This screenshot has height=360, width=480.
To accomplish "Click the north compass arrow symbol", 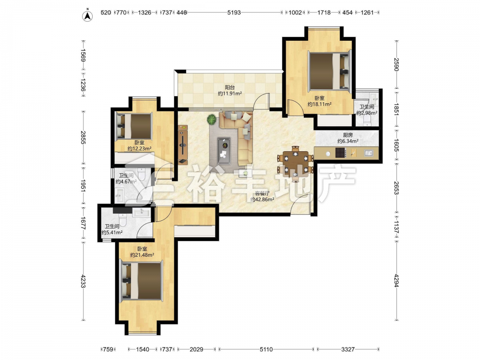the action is coord(87,16).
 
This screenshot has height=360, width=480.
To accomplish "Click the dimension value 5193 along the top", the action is coord(234,12).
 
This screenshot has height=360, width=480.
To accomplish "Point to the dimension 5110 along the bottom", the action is coord(266,349).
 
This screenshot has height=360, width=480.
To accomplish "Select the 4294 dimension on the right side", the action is coord(396,280).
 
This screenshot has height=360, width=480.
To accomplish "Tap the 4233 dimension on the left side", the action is coord(83,280).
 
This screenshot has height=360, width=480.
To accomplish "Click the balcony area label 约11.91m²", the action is coord(230,94).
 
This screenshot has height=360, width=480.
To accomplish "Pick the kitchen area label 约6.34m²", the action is coord(348,141).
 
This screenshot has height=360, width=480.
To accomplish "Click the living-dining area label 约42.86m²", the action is coord(262,199).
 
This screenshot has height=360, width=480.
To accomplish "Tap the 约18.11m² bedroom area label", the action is coord(320,104).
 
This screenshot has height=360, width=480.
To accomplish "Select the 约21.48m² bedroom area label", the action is coord(142,255).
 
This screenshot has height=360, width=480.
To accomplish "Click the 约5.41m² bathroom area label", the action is coord(112,232).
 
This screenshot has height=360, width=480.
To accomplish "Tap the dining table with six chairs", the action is coord(295,164).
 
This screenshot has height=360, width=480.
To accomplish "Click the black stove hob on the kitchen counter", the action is coord(341,153).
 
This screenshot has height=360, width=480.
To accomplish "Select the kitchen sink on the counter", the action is coord(369,153).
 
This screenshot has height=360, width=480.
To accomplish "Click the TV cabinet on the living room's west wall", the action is coord(183,144).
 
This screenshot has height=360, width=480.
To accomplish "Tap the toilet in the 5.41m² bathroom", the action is coord(123,219).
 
